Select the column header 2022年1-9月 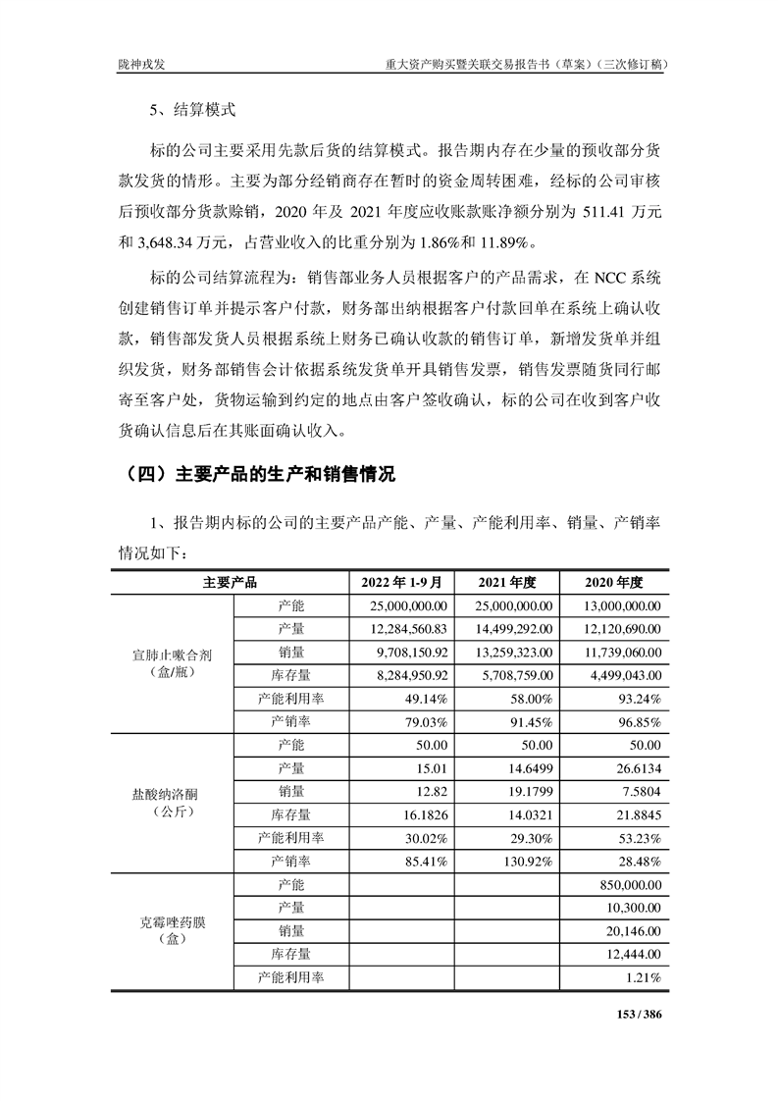pyautogui.click(x=402, y=582)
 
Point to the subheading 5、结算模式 pyautogui.click(x=192, y=111)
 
